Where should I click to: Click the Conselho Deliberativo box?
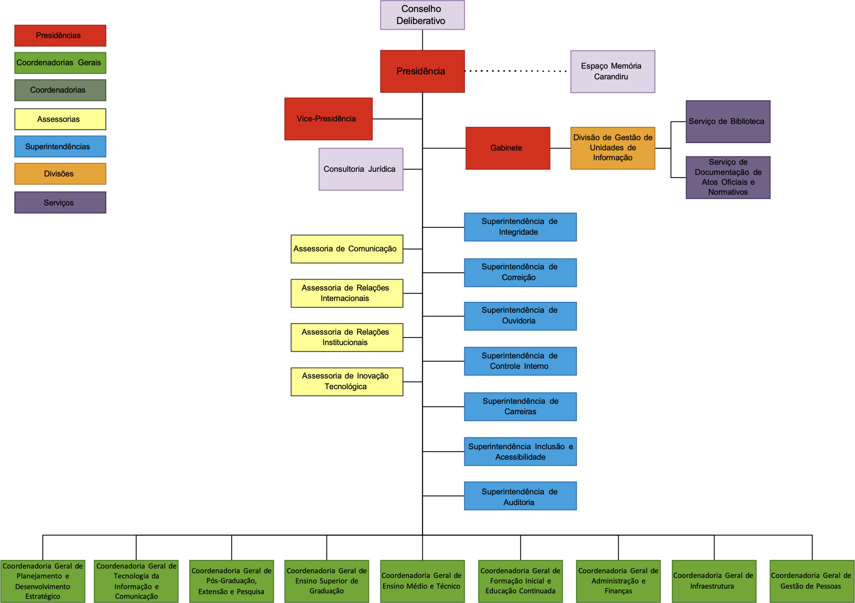[422, 15]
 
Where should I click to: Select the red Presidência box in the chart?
[422, 71]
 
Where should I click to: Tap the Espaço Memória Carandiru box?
[612, 71]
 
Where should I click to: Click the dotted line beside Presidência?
[516, 71]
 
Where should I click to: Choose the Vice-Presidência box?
[328, 119]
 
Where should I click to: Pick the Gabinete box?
[507, 148]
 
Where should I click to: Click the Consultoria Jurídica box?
[360, 169]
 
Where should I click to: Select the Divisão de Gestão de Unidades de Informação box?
[612, 148]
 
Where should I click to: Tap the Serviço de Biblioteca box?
[728, 121]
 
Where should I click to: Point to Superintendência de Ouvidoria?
[520, 315]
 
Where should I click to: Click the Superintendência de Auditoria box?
[520, 495]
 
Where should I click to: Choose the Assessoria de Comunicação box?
[346, 249]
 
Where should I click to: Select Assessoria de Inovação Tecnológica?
[346, 382]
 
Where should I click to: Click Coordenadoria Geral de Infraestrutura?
[713, 581]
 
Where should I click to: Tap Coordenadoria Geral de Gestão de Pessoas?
[812, 581]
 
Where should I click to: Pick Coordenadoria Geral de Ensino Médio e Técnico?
[422, 581]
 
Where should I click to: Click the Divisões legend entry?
[60, 174]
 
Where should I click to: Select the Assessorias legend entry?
[60, 119]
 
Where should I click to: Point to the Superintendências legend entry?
[60, 146]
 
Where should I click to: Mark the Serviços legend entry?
[60, 202]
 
